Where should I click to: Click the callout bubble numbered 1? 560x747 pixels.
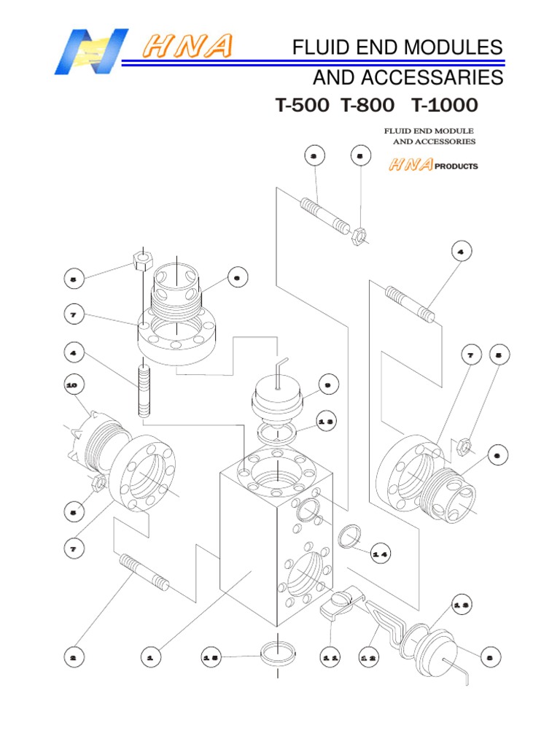(x=150, y=657)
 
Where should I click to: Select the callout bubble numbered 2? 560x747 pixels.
(x=73, y=657)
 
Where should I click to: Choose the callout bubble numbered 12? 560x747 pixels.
(x=368, y=657)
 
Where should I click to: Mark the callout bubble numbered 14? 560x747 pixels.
(x=381, y=553)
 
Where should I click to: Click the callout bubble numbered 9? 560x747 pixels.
(x=327, y=384)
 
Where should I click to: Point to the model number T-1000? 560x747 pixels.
(x=444, y=106)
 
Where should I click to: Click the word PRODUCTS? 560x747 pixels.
(x=456, y=166)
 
